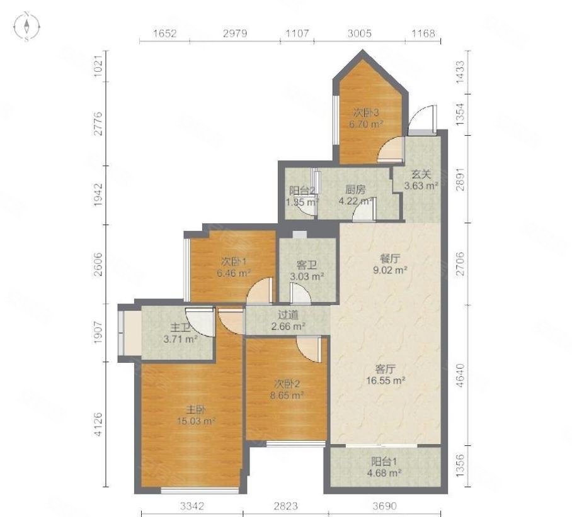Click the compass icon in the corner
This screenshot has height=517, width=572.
[x=26, y=26]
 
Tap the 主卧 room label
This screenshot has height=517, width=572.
[x=196, y=410]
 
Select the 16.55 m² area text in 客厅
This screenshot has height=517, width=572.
[x=386, y=381]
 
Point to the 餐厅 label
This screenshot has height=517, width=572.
[x=390, y=259]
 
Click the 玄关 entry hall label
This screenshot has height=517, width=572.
[x=421, y=174]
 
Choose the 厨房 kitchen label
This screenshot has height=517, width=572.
[x=355, y=189]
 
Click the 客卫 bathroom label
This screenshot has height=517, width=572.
[x=306, y=265]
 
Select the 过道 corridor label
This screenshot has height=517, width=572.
[x=288, y=314]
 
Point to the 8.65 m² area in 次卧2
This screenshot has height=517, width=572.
[x=287, y=396]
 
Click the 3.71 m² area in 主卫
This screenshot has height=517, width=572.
[x=181, y=340]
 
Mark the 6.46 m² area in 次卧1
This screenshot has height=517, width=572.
[x=234, y=273]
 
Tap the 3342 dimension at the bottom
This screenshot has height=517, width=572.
[x=192, y=506]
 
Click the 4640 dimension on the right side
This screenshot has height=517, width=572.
[x=460, y=375]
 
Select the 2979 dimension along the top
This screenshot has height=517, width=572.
[x=235, y=33]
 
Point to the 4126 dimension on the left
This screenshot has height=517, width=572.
[x=98, y=424]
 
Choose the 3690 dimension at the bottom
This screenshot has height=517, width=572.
[x=384, y=506]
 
